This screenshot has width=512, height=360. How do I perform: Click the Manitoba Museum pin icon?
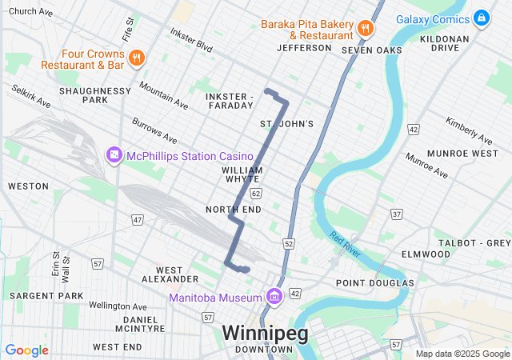click(274, 298)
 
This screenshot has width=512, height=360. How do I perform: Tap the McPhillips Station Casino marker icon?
click(114, 154)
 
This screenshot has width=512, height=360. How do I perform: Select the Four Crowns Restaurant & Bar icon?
click(137, 58)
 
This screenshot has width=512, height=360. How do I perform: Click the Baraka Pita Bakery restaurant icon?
click(366, 28)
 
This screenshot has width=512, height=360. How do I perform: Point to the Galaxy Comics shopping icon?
click(481, 18)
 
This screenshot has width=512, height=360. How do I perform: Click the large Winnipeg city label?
click(264, 333)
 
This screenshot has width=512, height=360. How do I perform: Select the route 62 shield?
click(255, 194)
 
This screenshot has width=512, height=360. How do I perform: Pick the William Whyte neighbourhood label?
click(242, 174)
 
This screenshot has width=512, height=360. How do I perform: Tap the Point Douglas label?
click(374, 283)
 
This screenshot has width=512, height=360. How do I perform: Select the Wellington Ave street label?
click(118, 306)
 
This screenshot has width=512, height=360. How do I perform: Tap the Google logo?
click(26, 350)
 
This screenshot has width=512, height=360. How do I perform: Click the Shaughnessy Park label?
click(94, 95)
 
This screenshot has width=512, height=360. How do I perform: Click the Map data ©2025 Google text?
click(462, 354)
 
